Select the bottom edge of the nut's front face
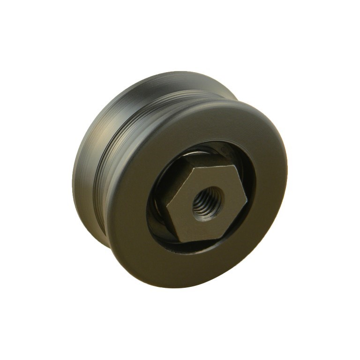pyautogui.click(x=205, y=230)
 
